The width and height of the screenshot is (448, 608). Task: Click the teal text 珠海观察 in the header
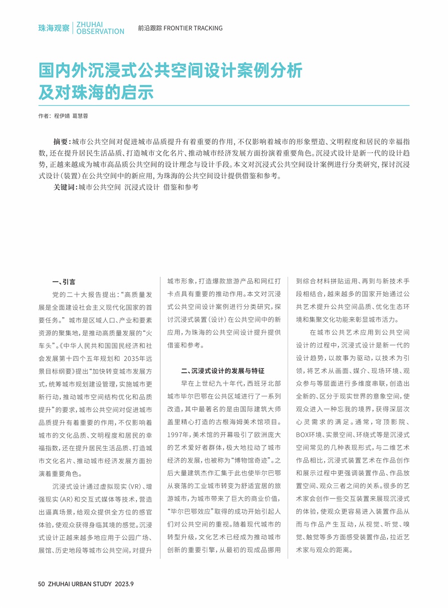(53, 28)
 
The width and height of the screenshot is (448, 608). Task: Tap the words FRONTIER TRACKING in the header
(193, 28)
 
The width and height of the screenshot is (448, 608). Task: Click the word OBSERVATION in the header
(100, 32)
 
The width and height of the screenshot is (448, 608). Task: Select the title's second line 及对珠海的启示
(96, 92)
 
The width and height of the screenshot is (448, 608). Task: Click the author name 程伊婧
(62, 116)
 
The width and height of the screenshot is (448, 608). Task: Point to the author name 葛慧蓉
(80, 116)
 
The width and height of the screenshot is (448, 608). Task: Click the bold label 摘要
(61, 142)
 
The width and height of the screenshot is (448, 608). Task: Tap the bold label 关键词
(65, 188)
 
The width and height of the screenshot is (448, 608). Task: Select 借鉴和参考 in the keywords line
(181, 188)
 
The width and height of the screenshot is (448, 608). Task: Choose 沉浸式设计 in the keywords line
(142, 188)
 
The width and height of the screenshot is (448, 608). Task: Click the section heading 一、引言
(64, 282)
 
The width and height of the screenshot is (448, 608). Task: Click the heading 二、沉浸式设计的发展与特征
(222, 371)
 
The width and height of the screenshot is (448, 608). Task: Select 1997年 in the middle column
(179, 435)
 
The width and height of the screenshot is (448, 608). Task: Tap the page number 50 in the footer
(41, 584)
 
